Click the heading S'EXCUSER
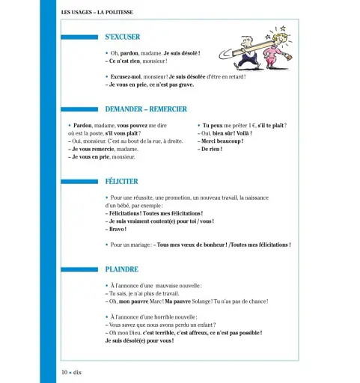coord(122,37)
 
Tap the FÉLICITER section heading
coord(122,181)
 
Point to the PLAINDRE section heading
coord(121,269)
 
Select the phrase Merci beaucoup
coord(222,141)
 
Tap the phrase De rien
coord(212,149)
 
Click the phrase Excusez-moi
coord(126,77)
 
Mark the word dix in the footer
coord(80,372)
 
